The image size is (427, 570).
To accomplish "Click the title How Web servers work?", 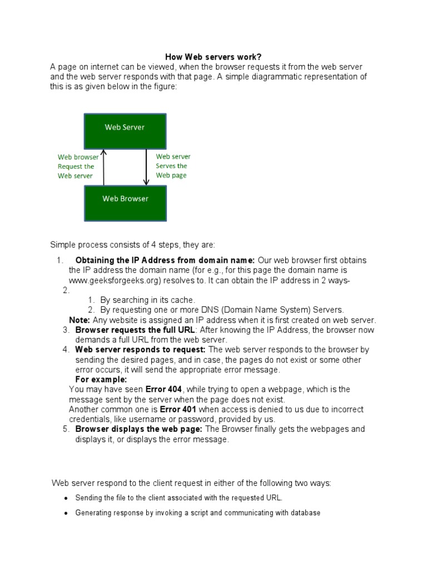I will click(x=214, y=57).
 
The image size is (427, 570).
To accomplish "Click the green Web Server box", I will click(x=124, y=127).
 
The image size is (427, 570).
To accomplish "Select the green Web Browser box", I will click(x=125, y=198).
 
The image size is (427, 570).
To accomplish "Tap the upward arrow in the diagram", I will click(x=103, y=167).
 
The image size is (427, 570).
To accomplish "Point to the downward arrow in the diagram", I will click(x=146, y=167).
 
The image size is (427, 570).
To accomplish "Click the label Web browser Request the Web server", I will click(x=78, y=166).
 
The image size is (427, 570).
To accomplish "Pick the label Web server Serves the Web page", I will click(x=173, y=166).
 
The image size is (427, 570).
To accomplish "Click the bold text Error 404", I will click(x=164, y=389).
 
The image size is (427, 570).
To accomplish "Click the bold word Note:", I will click(x=78, y=320).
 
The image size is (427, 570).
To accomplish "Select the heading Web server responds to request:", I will click(x=141, y=350).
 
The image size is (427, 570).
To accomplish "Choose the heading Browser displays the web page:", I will click(x=140, y=429).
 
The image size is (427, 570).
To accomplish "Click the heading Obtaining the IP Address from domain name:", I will click(x=165, y=261).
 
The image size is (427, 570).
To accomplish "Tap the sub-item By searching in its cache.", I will click(x=147, y=300).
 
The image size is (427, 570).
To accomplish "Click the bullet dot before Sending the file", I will click(x=66, y=498).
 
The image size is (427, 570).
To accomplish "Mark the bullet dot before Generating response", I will click(x=66, y=513).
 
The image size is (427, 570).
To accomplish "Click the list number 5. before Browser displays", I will click(x=66, y=429).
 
